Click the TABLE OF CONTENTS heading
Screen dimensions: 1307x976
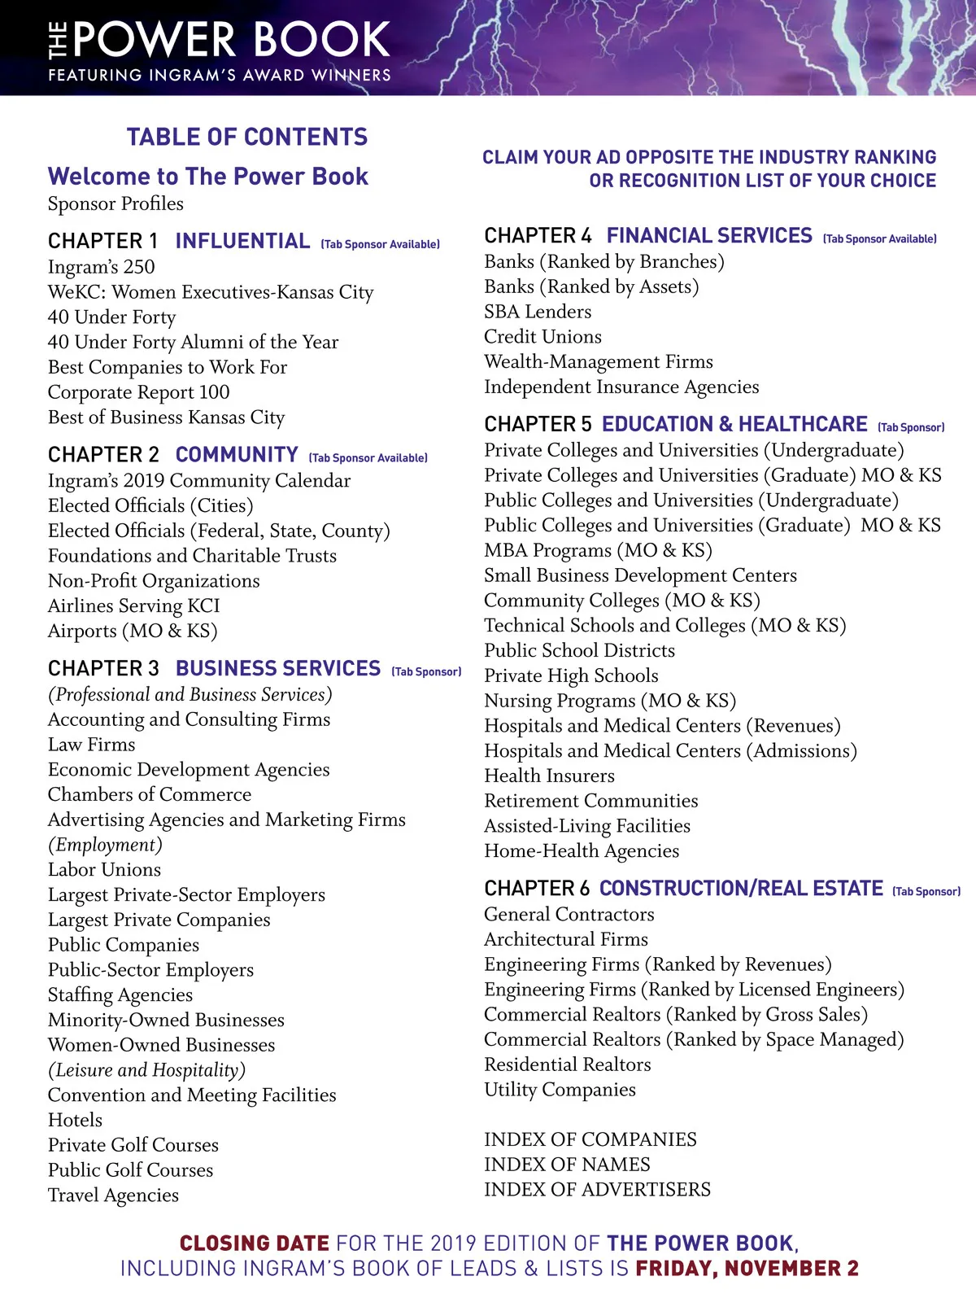pyautogui.click(x=247, y=137)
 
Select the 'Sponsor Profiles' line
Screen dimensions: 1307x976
pyautogui.click(x=115, y=203)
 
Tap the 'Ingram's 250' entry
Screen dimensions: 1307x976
pyautogui.click(x=101, y=267)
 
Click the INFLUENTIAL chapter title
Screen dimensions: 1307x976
pyautogui.click(x=242, y=241)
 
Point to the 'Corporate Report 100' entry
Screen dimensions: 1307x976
pyautogui.click(x=138, y=392)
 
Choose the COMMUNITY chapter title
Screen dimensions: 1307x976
pyautogui.click(x=237, y=454)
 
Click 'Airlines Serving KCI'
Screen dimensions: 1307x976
pyautogui.click(x=133, y=605)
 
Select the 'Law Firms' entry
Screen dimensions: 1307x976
pyautogui.click(x=91, y=745)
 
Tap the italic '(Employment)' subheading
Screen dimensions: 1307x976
pyautogui.click(x=105, y=845)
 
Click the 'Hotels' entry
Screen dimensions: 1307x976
pyautogui.click(x=75, y=1120)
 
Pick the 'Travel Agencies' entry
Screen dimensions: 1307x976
pyautogui.click(x=113, y=1195)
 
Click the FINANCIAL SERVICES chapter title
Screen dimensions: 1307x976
pyautogui.click(x=709, y=236)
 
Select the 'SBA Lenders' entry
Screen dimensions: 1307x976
pyautogui.click(x=538, y=312)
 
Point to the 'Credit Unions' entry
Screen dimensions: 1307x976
pyautogui.click(x=542, y=337)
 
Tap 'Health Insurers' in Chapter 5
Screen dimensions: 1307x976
pyautogui.click(x=549, y=776)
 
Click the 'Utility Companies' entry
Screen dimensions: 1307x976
pyautogui.click(x=560, y=1090)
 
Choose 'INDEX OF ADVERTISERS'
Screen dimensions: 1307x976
pyautogui.click(x=597, y=1190)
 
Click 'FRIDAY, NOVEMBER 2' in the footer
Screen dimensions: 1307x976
pyautogui.click(x=747, y=1269)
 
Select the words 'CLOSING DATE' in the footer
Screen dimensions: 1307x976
pyautogui.click(x=255, y=1244)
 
